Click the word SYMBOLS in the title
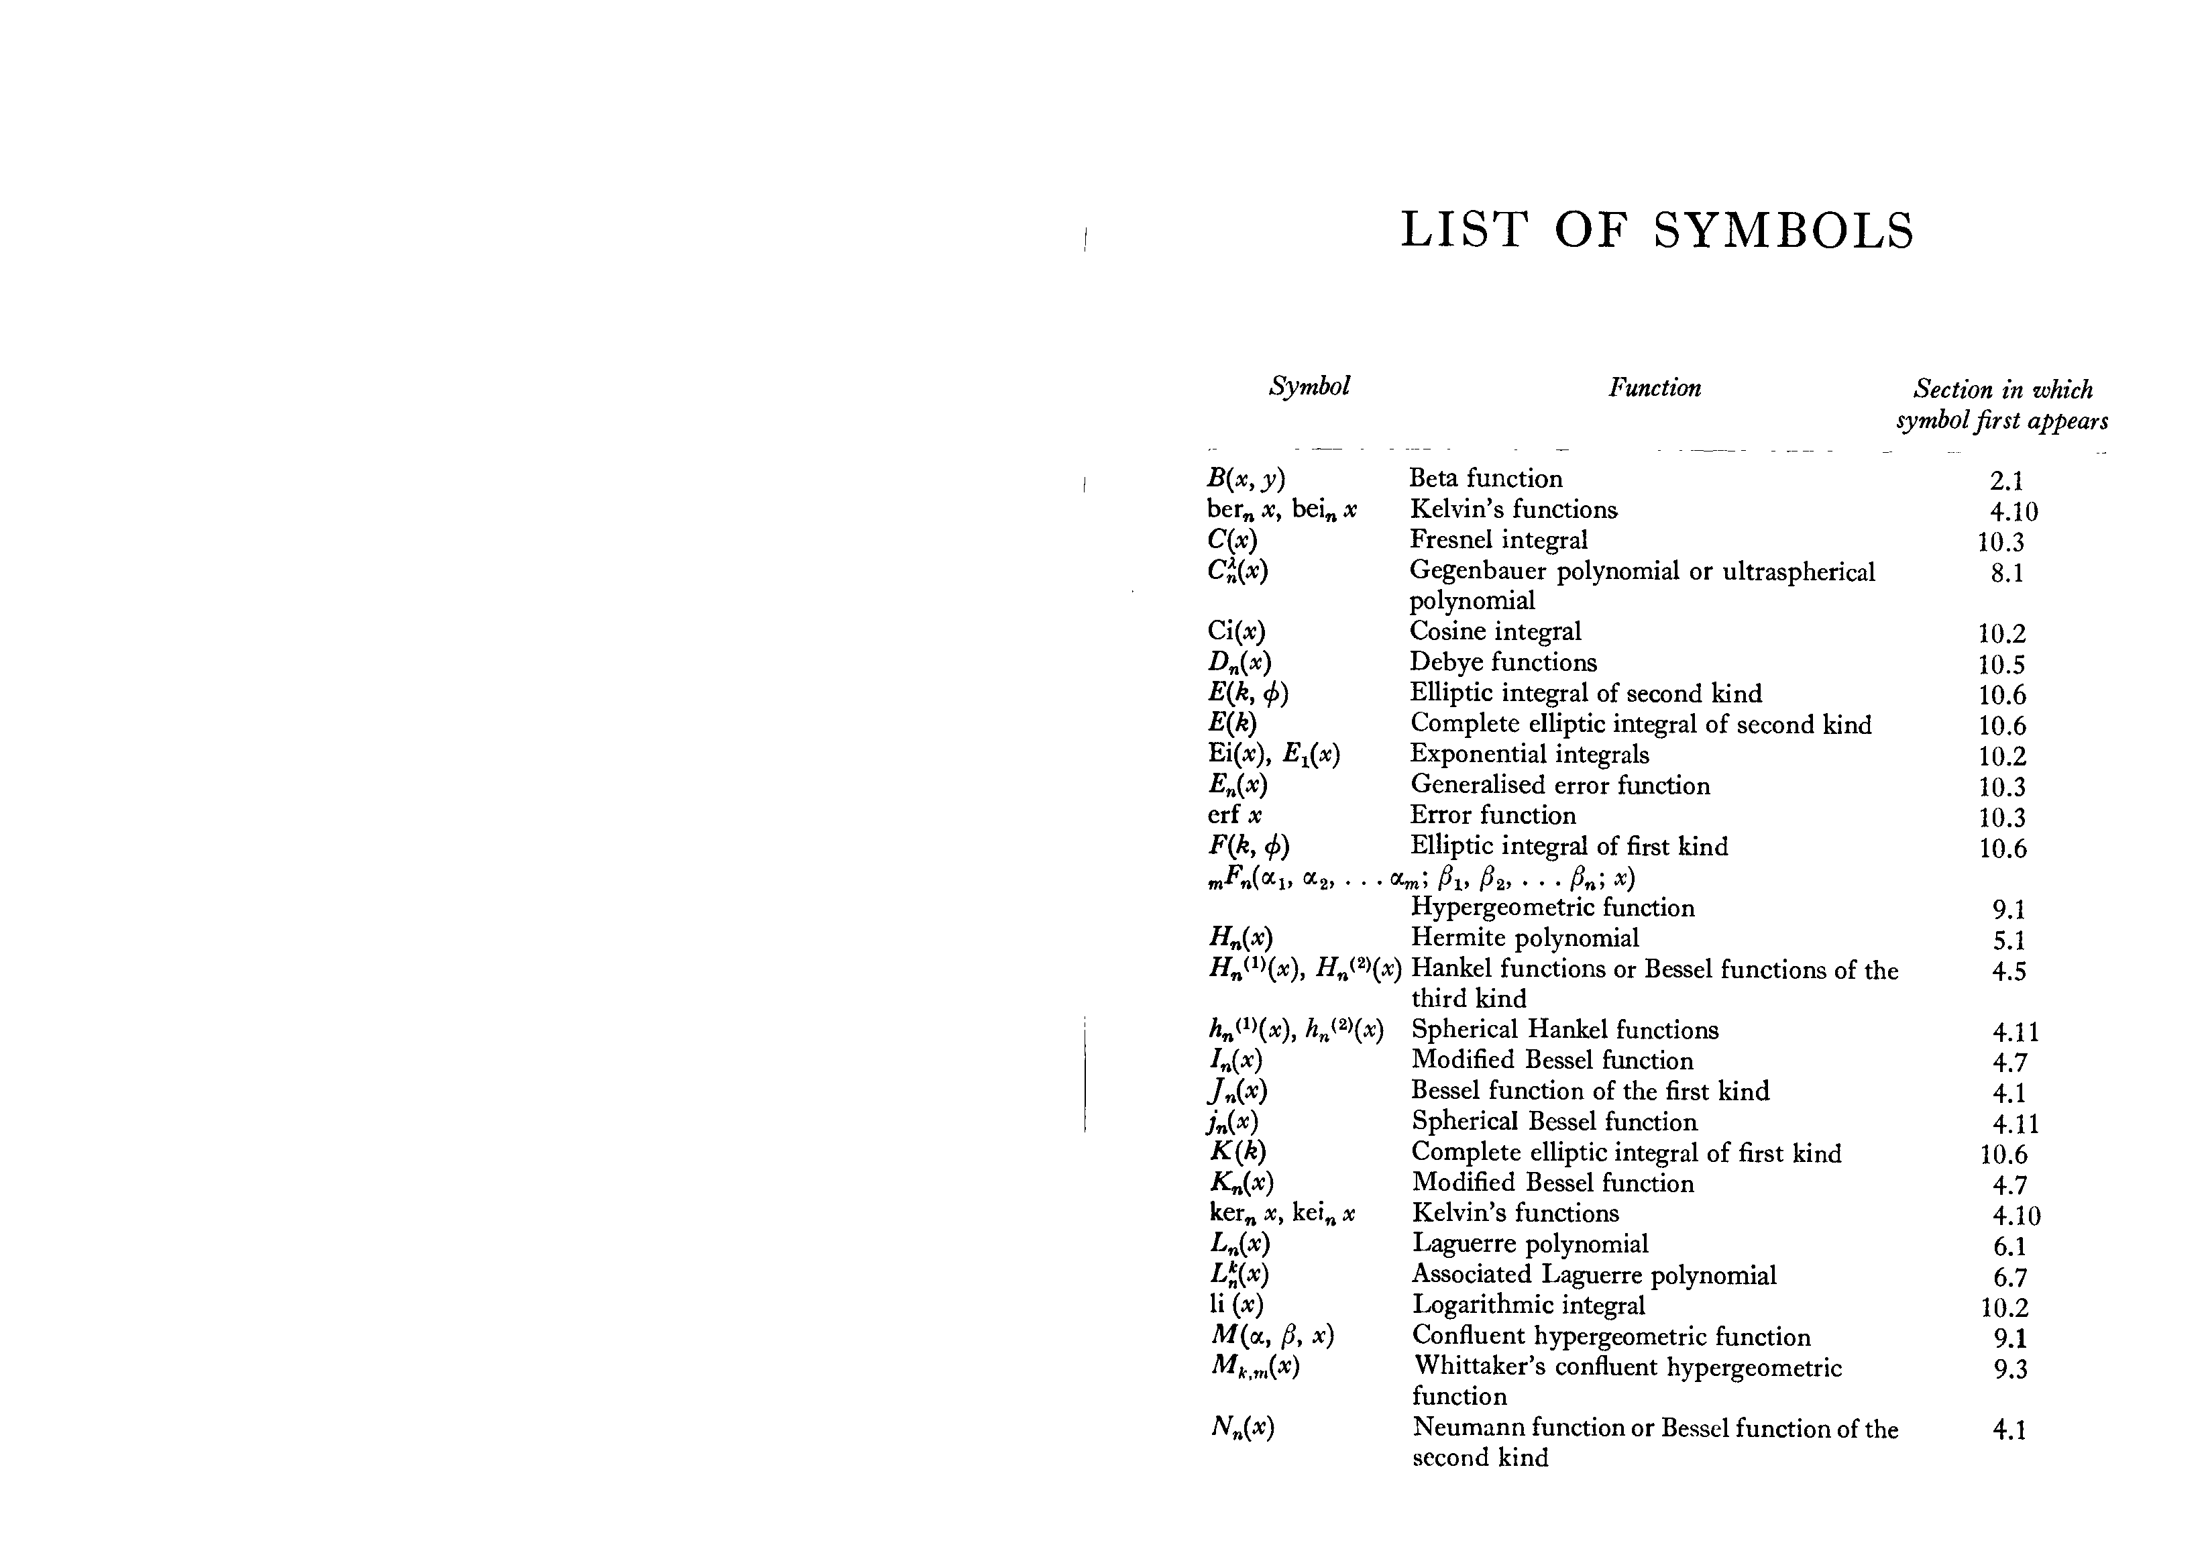click(x=1783, y=231)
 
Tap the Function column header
click(x=1655, y=388)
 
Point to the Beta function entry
click(x=1485, y=478)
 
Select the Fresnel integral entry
click(x=1498, y=539)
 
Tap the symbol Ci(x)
click(x=1236, y=632)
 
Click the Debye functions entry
click(x=1503, y=663)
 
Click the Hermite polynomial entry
click(x=1525, y=937)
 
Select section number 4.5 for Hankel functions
click(x=2009, y=971)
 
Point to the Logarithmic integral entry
click(x=1528, y=1305)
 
